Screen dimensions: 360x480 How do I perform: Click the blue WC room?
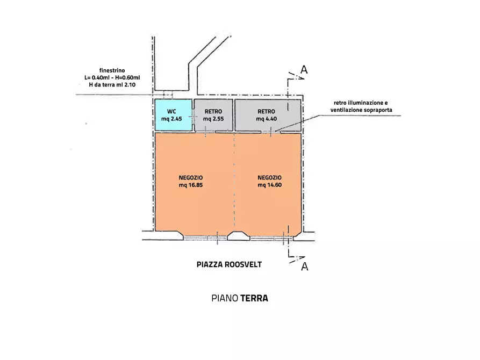point(173,115)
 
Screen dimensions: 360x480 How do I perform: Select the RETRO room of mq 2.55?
point(213,115)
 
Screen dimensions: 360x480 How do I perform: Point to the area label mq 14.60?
point(269,185)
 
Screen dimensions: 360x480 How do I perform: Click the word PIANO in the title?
point(225,298)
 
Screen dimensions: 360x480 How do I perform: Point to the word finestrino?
point(112,70)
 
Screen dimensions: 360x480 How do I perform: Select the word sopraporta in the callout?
point(377,110)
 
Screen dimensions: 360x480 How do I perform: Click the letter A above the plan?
point(304,70)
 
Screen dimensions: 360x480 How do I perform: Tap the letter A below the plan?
point(304,267)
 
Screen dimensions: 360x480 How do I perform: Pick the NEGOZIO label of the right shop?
point(269,178)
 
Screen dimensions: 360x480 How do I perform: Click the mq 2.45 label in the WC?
point(173,119)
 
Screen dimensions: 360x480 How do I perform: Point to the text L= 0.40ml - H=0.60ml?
point(112,77)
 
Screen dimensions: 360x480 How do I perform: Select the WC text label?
point(172,111)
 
